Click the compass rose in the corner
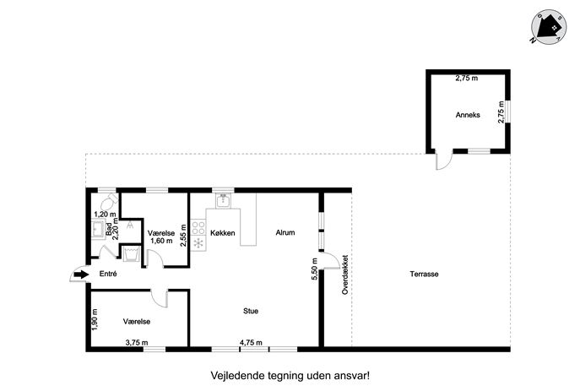[x=549, y=27]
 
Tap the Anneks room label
[x=468, y=115]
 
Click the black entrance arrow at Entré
[x=81, y=275]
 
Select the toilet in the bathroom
[x=109, y=202]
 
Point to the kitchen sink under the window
[x=223, y=200]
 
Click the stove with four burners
[x=198, y=227]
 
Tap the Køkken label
[x=222, y=233]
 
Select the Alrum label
[x=285, y=232]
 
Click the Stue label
[x=251, y=311]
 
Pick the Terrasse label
[x=424, y=274]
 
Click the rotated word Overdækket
[x=345, y=275]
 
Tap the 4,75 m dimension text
[x=251, y=343]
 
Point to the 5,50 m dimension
[x=314, y=270]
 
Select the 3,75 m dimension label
[x=137, y=343]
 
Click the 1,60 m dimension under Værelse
[x=161, y=241]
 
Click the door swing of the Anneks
[x=443, y=159]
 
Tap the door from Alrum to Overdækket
[x=330, y=260]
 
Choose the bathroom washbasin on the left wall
[x=98, y=229]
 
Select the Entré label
[x=108, y=274]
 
